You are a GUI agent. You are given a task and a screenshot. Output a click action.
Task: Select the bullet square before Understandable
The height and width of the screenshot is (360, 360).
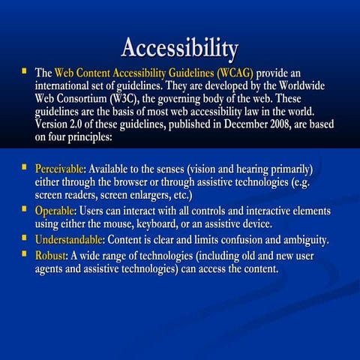pos(24,239)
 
